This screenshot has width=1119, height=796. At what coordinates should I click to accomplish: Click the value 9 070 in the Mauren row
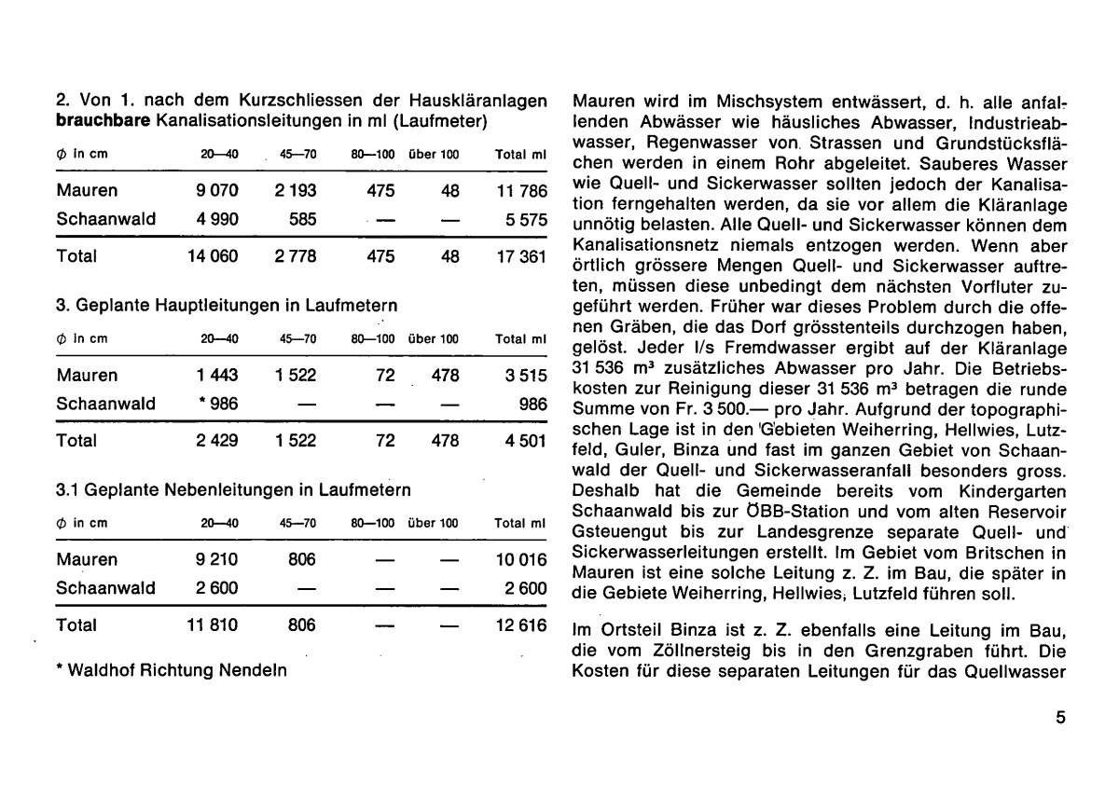click(214, 192)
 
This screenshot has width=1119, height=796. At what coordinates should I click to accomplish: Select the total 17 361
click(520, 256)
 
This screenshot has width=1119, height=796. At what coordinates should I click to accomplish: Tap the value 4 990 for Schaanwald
click(214, 220)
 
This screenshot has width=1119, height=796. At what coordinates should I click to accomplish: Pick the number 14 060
click(214, 256)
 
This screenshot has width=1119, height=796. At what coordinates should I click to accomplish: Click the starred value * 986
click(215, 405)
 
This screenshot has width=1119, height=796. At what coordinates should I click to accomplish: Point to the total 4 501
click(524, 441)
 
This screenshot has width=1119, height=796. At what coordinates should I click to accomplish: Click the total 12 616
click(520, 625)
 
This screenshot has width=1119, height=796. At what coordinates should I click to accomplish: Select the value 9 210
click(215, 560)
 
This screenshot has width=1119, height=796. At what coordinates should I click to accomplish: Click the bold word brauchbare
click(104, 120)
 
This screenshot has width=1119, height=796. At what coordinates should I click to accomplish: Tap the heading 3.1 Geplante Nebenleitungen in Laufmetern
click(234, 487)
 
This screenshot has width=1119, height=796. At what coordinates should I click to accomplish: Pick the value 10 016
click(520, 560)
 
